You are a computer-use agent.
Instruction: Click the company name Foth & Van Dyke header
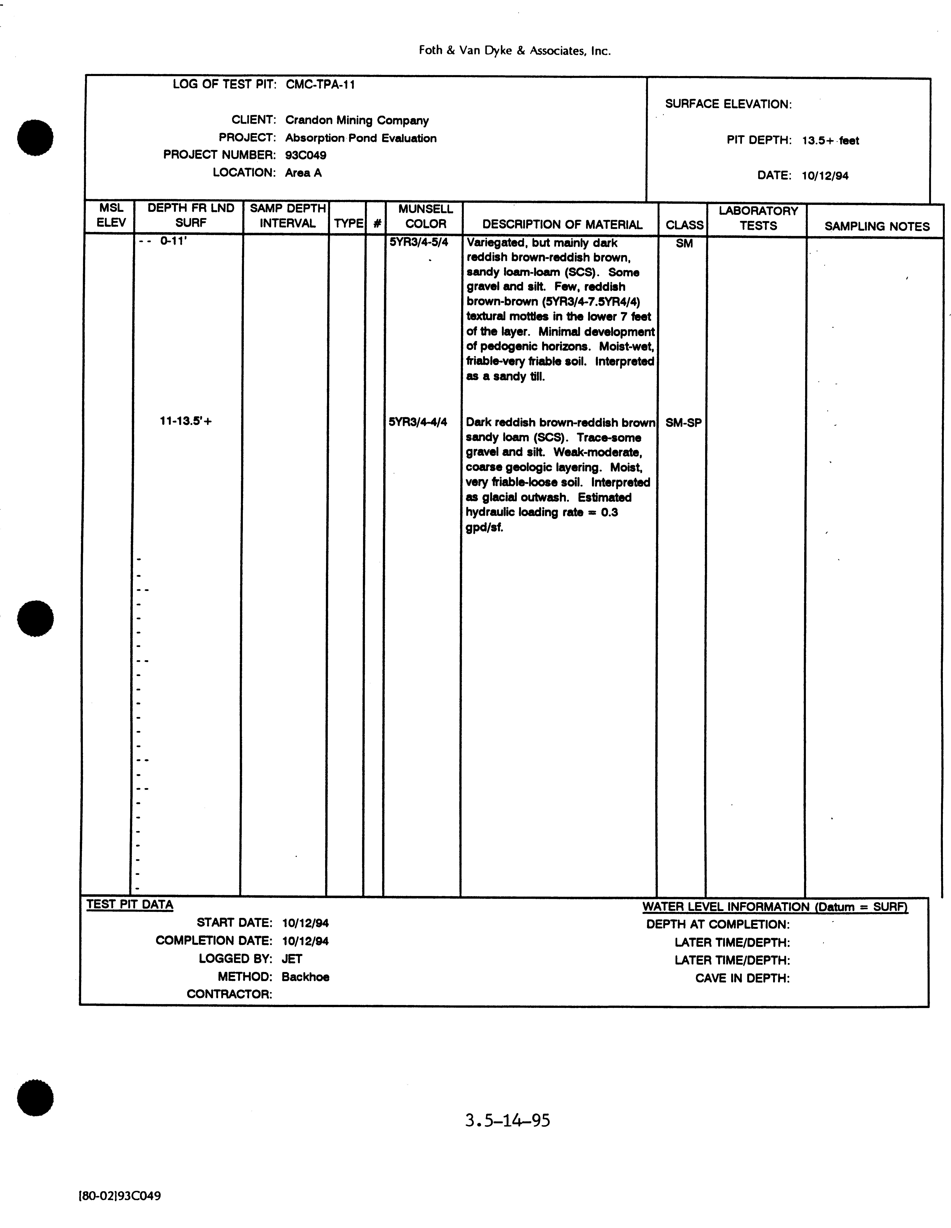pyautogui.click(x=514, y=51)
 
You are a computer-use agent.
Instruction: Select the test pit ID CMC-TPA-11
pyautogui.click(x=320, y=85)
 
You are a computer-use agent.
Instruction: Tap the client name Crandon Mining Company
pyautogui.click(x=357, y=120)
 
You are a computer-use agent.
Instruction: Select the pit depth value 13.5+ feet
pyautogui.click(x=830, y=141)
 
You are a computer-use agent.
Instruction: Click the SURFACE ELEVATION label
pyautogui.click(x=728, y=104)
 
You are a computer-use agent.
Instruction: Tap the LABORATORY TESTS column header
pyautogui.click(x=758, y=218)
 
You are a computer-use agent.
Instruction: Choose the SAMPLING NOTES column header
pyautogui.click(x=877, y=227)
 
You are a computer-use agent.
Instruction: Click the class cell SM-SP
pyautogui.click(x=683, y=423)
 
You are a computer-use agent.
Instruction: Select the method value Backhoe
pyautogui.click(x=305, y=977)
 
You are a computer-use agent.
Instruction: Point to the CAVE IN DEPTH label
pyautogui.click(x=742, y=978)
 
